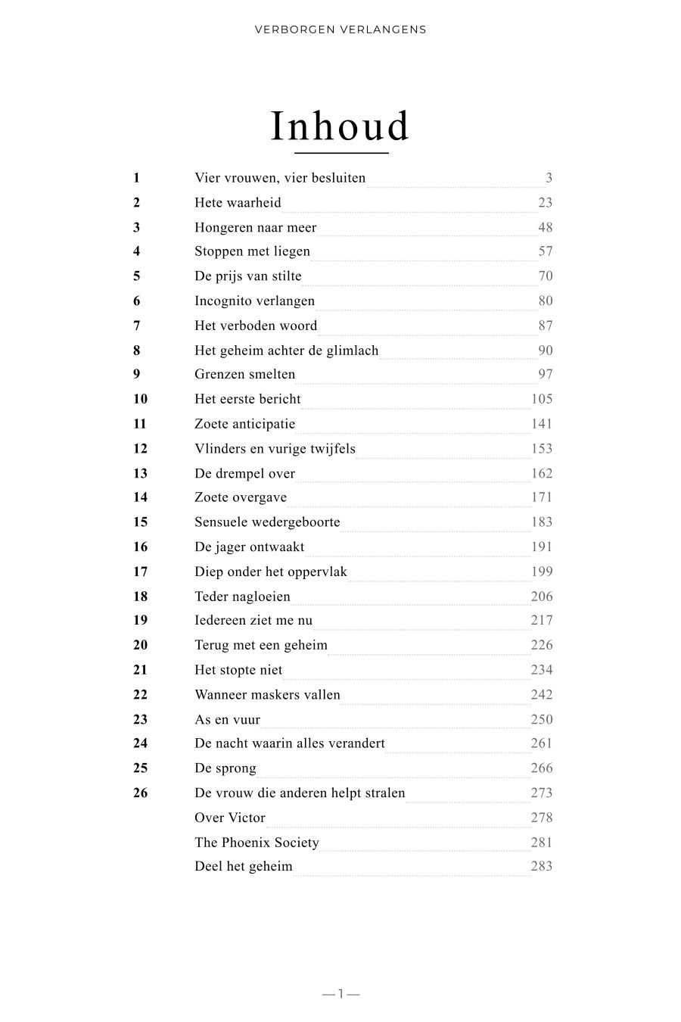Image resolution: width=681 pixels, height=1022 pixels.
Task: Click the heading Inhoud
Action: pyautogui.click(x=340, y=126)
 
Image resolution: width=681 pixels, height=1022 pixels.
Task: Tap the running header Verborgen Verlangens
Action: pyautogui.click(x=340, y=30)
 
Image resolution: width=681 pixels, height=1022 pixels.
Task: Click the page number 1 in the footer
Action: pyautogui.click(x=340, y=994)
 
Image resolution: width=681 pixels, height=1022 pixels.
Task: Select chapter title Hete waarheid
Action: pyautogui.click(x=238, y=203)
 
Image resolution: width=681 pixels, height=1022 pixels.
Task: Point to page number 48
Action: pyautogui.click(x=545, y=227)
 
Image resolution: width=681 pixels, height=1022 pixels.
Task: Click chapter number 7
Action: pyautogui.click(x=137, y=326)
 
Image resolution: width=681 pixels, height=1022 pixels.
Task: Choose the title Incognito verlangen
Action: pyautogui.click(x=254, y=301)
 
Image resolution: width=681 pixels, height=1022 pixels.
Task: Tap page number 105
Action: pyautogui.click(x=542, y=399)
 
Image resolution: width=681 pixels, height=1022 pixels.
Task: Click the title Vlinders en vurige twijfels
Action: pyautogui.click(x=275, y=448)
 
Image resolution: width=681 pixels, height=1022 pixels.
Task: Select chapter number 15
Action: pyautogui.click(x=140, y=522)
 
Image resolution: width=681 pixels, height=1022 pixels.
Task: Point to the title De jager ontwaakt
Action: pyautogui.click(x=249, y=547)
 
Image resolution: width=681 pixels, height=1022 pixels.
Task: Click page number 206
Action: pyautogui.click(x=542, y=596)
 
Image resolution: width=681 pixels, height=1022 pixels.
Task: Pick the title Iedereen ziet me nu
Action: pyautogui.click(x=253, y=620)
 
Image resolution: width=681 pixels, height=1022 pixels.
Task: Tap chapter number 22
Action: pyautogui.click(x=140, y=694)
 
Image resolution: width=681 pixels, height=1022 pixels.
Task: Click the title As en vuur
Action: pyautogui.click(x=227, y=719)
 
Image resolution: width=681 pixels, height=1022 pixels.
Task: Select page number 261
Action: pyautogui.click(x=542, y=743)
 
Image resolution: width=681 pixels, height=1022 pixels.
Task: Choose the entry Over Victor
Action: pyautogui.click(x=230, y=818)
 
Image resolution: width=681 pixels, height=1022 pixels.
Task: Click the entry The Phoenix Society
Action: pyautogui.click(x=257, y=843)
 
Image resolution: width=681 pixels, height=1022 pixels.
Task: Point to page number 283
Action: pyautogui.click(x=542, y=866)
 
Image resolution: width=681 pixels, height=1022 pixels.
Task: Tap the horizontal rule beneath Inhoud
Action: pyautogui.click(x=341, y=154)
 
